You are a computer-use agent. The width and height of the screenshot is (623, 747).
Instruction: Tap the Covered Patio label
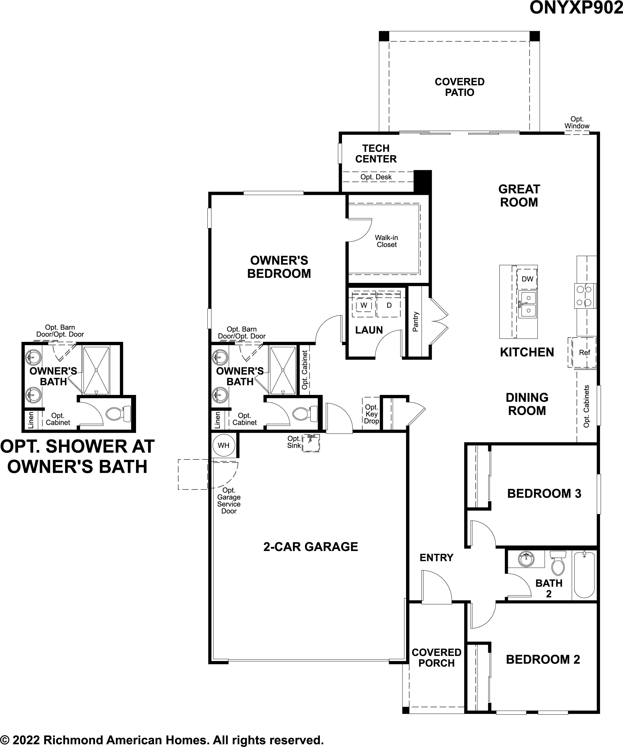[459, 87]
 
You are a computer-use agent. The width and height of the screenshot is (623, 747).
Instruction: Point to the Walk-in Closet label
[386, 241]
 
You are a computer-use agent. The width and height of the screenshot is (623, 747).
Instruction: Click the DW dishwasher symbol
[527, 279]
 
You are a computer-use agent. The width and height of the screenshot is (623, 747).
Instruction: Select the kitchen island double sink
[527, 304]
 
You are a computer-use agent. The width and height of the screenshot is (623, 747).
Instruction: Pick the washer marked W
[364, 305]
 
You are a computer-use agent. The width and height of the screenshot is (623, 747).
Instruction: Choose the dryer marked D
[389, 305]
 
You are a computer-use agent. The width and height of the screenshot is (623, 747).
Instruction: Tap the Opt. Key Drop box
[371, 414]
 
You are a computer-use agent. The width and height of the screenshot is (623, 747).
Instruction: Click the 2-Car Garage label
[311, 547]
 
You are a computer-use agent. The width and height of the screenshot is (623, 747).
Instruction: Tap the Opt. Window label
[577, 122]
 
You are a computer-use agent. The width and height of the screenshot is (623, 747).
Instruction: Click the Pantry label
[416, 321]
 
